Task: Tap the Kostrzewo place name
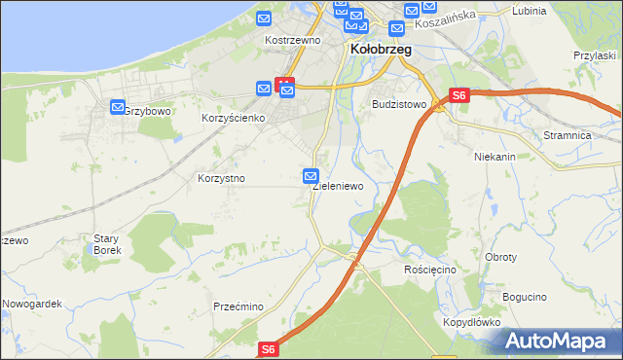(293, 41)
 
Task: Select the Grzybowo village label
(149, 112)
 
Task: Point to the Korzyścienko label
(234, 118)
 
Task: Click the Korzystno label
(221, 179)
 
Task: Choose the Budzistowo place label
(400, 103)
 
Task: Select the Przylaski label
(597, 56)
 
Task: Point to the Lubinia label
(529, 11)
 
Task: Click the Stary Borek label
(106, 243)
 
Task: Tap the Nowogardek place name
(32, 304)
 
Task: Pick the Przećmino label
(238, 306)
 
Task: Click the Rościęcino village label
(429, 269)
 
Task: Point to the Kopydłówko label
(471, 321)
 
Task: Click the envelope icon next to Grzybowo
(118, 107)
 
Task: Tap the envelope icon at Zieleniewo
(311, 176)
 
